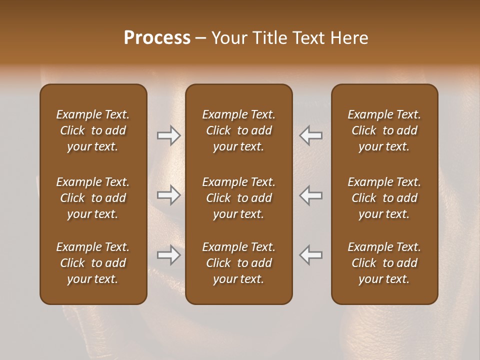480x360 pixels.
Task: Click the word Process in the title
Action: point(157,38)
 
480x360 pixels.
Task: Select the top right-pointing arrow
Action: point(169,135)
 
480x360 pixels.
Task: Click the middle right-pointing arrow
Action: point(169,195)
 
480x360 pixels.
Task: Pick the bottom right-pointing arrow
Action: point(169,255)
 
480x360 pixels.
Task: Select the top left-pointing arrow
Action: point(310,135)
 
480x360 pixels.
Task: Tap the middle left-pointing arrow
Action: point(310,195)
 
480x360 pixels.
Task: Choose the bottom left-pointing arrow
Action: point(310,255)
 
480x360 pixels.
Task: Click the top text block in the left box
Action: point(93,130)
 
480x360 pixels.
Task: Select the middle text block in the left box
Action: point(93,198)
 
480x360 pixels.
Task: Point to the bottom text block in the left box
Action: point(93,263)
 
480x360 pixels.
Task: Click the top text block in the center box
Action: point(238,130)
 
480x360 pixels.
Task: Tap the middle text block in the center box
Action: point(238,198)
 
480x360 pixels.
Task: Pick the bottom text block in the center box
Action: point(238,263)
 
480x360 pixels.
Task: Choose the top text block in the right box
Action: point(384,130)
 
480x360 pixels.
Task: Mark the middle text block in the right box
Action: point(384,198)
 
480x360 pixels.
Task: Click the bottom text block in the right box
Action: point(384,263)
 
